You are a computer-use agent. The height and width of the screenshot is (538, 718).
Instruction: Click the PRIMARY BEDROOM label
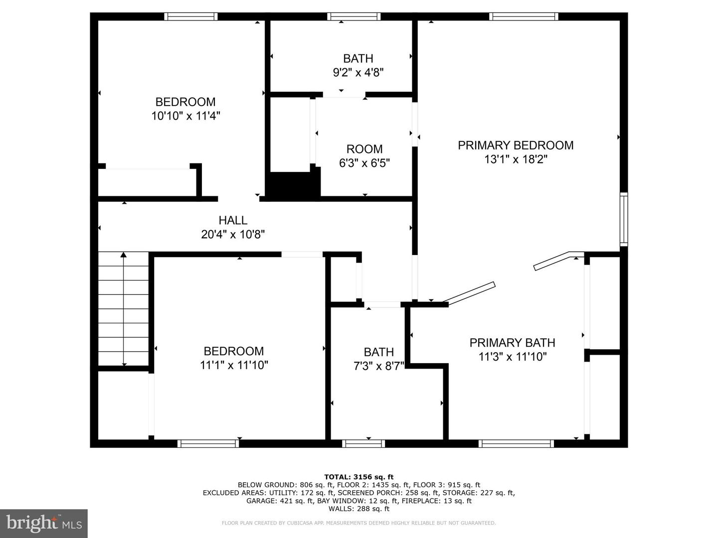pyautogui.click(x=516, y=145)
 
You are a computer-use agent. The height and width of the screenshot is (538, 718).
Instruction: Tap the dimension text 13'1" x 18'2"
pyautogui.click(x=516, y=159)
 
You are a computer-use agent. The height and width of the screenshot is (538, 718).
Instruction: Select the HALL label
pyautogui.click(x=233, y=220)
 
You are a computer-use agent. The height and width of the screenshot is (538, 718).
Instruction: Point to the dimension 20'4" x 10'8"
pyautogui.click(x=233, y=234)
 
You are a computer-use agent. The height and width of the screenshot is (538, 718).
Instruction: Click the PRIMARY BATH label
pyautogui.click(x=512, y=343)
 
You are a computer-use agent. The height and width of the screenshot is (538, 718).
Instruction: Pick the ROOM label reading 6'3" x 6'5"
pyautogui.click(x=364, y=149)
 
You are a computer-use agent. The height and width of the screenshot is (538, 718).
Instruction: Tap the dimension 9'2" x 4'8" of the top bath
pyautogui.click(x=358, y=73)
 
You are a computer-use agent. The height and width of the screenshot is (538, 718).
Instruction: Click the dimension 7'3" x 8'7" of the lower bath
pyautogui.click(x=378, y=366)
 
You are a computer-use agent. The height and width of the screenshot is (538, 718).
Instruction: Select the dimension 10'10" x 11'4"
pyautogui.click(x=185, y=116)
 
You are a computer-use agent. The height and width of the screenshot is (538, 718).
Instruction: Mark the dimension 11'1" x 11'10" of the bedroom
pyautogui.click(x=234, y=365)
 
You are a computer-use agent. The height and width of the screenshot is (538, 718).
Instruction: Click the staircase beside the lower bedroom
pyautogui.click(x=124, y=309)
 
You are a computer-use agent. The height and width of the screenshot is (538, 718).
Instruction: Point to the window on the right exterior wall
pyautogui.click(x=624, y=219)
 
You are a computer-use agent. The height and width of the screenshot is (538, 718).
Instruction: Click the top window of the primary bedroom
pyautogui.click(x=523, y=16)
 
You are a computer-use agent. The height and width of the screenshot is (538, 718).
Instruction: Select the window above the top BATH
pyautogui.click(x=354, y=16)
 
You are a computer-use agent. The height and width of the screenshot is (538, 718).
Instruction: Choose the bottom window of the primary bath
pyautogui.click(x=516, y=443)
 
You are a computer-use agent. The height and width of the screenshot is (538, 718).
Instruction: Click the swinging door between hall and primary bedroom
pyautogui.click(x=469, y=293)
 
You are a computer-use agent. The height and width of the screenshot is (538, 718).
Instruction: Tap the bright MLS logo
pyautogui.click(x=44, y=523)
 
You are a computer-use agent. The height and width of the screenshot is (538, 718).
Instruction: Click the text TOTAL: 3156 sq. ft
pyautogui.click(x=359, y=477)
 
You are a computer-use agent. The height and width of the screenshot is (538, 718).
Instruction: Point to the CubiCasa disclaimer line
pyautogui.click(x=359, y=523)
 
